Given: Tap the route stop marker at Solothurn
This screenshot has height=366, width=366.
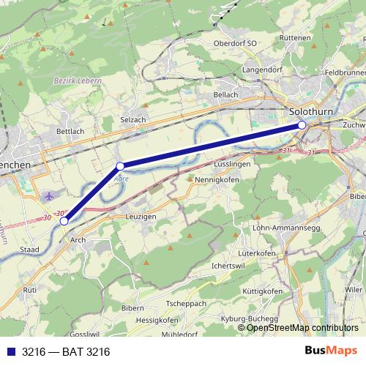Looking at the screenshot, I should [302, 125].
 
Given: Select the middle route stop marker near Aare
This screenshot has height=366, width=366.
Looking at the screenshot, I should [120, 166].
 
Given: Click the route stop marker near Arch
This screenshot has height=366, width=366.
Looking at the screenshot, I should [64, 220].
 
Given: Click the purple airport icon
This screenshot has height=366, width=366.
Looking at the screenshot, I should [49, 196].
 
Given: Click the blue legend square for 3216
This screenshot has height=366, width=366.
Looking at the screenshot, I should [11, 352].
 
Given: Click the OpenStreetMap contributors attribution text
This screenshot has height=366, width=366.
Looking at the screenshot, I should [302, 328].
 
